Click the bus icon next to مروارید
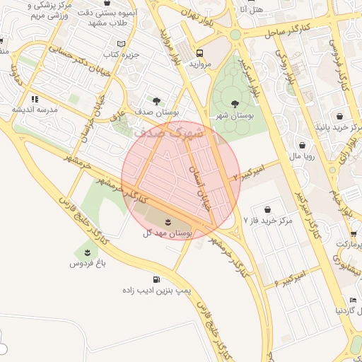(x=200, y=53)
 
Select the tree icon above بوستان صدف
(x=156, y=101)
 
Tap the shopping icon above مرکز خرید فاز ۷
(x=267, y=209)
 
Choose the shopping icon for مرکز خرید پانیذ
(x=340, y=115)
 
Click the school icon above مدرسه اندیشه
(x=35, y=99)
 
